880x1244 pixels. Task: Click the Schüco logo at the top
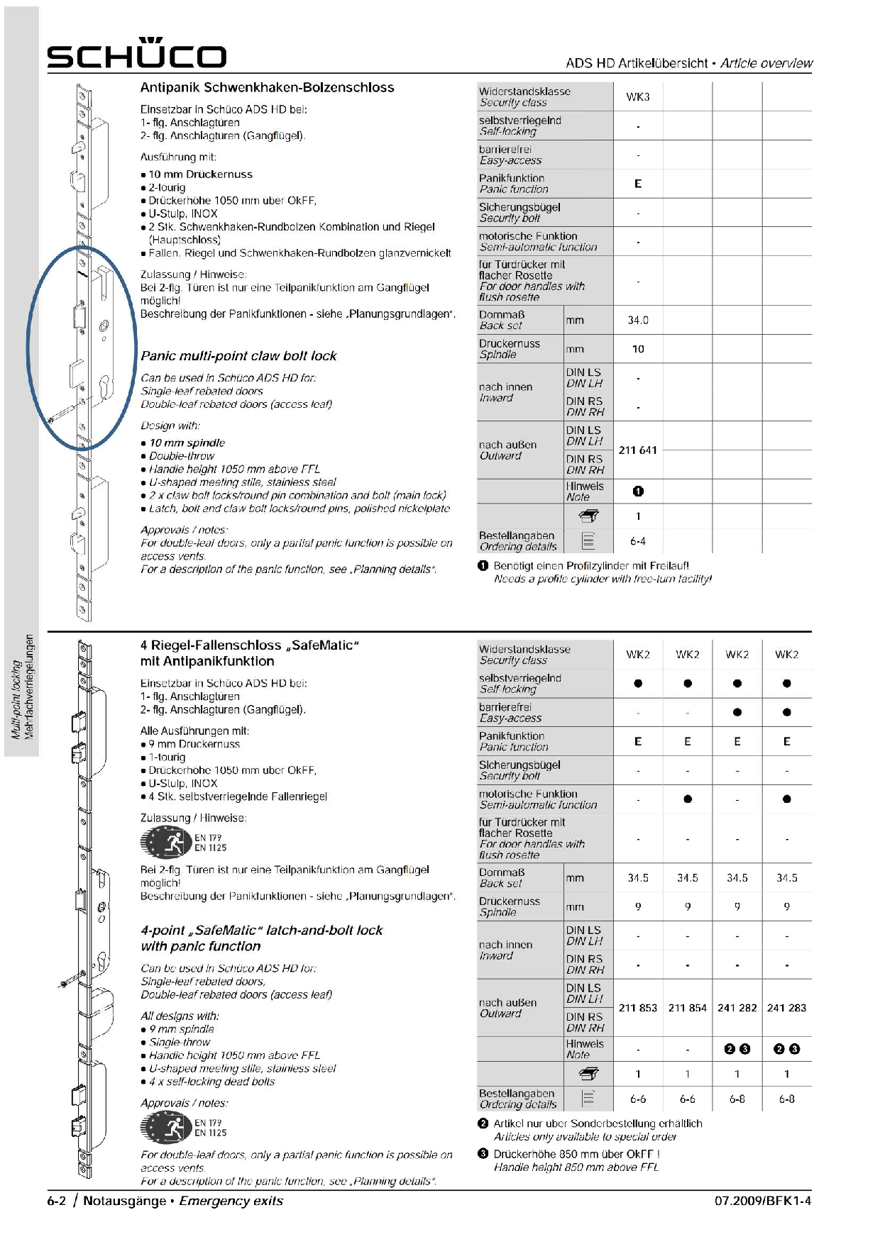136,54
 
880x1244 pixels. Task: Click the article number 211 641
637,450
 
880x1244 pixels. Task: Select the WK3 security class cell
637,97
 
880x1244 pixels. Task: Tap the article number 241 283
786,1008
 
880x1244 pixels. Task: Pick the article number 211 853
637,1008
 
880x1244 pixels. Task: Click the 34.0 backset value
637,321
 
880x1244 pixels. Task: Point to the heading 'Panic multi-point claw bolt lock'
238,356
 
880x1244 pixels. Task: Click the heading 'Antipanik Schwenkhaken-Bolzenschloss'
267,88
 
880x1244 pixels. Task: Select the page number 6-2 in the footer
57,1201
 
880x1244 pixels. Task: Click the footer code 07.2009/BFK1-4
762,1201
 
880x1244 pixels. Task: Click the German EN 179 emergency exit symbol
167,843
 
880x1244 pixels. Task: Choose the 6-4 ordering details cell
637,542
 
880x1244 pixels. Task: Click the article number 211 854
687,1008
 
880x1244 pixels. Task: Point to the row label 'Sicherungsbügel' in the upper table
519,208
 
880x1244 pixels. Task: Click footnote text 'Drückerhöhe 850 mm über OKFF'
576,1154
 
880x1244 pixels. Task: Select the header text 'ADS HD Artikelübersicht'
637,63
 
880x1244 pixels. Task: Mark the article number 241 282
737,1008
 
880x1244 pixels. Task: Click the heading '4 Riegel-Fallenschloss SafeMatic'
249,645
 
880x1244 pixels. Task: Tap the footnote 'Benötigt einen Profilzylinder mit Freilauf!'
590,566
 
